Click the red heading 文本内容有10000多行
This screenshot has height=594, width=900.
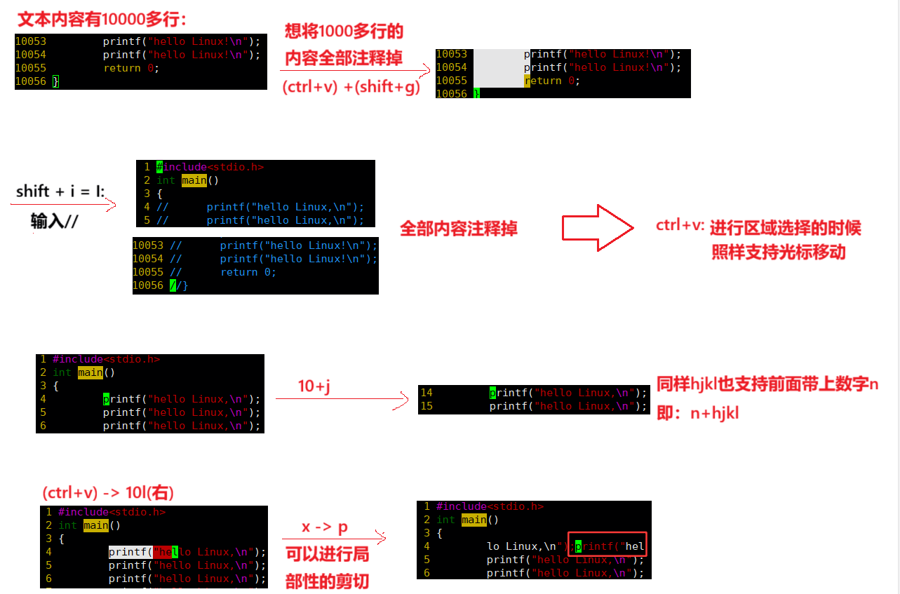coord(102,18)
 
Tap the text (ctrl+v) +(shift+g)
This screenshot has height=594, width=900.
coord(351,88)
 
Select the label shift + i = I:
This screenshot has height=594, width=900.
coord(60,191)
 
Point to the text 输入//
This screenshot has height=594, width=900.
coord(55,222)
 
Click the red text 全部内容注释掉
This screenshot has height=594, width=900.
coord(459,229)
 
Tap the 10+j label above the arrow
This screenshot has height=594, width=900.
coord(314,386)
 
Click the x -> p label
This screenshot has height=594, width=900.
coord(325,527)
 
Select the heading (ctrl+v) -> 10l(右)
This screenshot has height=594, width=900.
coord(108,492)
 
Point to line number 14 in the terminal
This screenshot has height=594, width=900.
coord(427,393)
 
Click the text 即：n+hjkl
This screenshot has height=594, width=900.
coord(697,413)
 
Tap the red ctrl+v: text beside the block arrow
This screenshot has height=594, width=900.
coord(680,226)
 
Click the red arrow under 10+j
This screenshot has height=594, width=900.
coord(342,400)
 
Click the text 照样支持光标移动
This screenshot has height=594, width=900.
coord(779,252)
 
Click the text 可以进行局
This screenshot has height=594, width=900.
coord(327,555)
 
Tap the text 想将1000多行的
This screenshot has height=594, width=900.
coord(344,32)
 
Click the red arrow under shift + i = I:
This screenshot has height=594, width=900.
coord(63,205)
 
